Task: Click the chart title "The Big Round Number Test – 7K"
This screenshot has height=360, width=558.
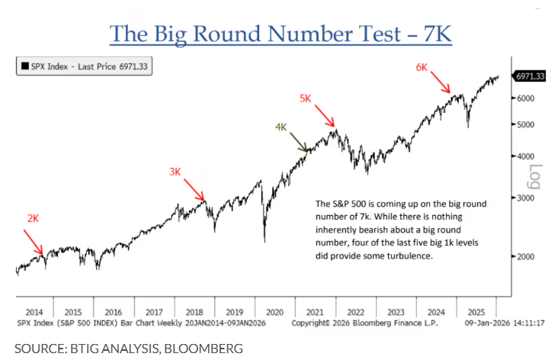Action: point(280,34)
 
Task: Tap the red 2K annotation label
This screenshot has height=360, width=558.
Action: point(33,218)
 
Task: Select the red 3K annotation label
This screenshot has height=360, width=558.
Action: point(175,172)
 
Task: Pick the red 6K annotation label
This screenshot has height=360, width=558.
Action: point(422,67)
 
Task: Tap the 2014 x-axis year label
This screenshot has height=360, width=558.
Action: point(34,313)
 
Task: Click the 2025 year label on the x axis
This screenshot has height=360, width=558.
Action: point(477,313)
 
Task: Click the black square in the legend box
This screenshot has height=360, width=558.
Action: point(25,66)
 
